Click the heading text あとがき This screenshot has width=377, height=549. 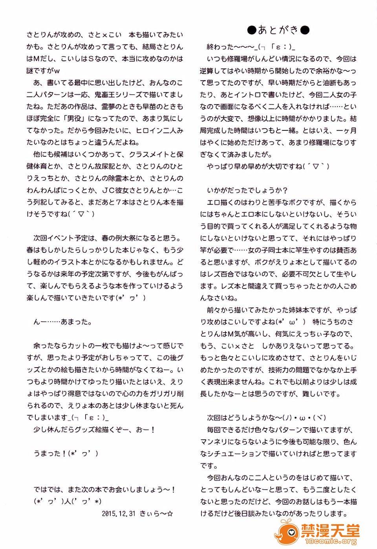[x=278, y=30]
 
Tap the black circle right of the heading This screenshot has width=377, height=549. [x=305, y=30]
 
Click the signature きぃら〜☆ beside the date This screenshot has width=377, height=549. [x=156, y=513]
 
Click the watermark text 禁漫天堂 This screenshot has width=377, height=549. [x=330, y=531]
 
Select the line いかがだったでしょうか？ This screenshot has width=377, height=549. [x=248, y=190]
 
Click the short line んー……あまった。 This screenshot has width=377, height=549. [x=63, y=322]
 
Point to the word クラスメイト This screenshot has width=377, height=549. [x=151, y=154]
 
